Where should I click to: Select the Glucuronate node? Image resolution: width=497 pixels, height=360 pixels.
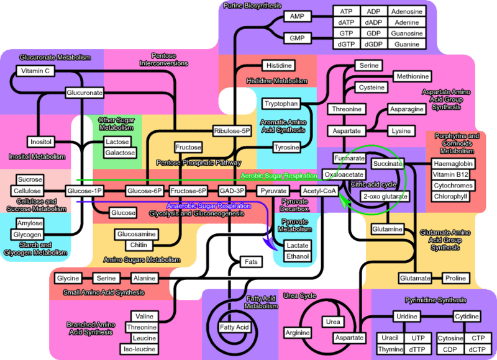[84, 92]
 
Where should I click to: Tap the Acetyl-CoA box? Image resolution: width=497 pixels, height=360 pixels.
[319, 191]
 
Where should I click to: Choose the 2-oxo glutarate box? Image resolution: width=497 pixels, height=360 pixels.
[385, 197]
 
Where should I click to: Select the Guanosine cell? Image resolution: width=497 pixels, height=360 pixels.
[408, 34]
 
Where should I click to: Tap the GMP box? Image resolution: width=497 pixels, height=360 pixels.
[297, 38]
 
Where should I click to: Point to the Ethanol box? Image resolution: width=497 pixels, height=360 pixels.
[298, 256]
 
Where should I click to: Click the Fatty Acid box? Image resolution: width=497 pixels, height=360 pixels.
[234, 327]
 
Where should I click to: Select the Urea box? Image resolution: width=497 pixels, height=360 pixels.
[333, 322]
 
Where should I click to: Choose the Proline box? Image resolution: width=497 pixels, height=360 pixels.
[456, 278]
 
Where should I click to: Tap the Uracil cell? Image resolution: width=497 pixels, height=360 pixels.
[390, 338]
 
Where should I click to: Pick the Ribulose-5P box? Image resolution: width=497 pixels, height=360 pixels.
[231, 132]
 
